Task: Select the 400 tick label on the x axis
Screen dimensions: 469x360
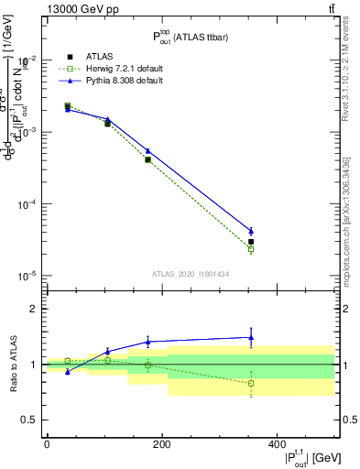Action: (x=277, y=445)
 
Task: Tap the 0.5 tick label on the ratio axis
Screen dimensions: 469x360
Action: (x=31, y=420)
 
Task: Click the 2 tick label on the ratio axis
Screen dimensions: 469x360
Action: (x=35, y=309)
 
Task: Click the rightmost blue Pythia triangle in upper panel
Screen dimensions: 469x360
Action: (x=251, y=231)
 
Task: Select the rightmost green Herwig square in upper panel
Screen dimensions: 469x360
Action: (x=251, y=249)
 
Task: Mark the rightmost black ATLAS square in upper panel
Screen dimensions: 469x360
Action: (x=251, y=242)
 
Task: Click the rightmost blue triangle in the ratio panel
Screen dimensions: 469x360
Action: (x=251, y=337)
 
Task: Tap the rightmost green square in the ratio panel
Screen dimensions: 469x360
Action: (x=251, y=383)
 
